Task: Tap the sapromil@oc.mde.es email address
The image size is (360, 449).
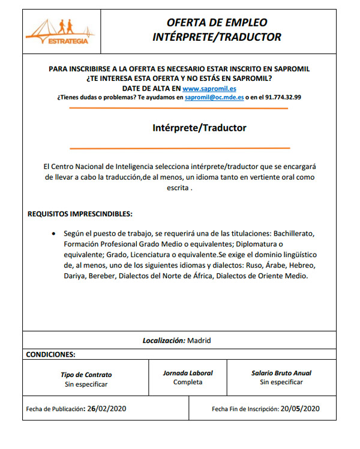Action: [214, 97]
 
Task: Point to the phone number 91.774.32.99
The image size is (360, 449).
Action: [283, 97]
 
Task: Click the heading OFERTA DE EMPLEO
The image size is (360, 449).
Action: [217, 23]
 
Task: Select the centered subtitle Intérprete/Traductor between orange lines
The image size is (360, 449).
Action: [199, 128]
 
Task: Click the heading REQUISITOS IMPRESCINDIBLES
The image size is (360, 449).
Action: [80, 214]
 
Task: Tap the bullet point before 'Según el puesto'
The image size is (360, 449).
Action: [55, 233]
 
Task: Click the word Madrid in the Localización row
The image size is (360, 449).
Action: [199, 340]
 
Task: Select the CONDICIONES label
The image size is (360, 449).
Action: [50, 354]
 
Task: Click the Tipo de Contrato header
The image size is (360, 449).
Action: [86, 375]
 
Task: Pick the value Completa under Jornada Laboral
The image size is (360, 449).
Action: [188, 382]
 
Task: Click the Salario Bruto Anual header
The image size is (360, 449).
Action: [281, 373]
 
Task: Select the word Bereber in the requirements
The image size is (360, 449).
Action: [102, 276]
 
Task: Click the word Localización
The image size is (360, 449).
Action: [163, 340]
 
